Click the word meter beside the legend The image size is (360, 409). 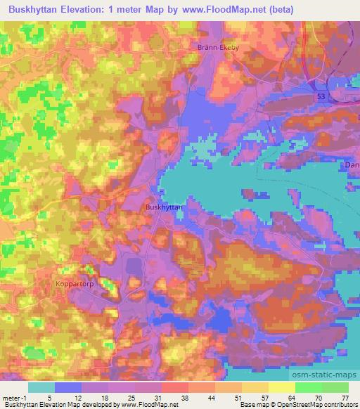(11, 398)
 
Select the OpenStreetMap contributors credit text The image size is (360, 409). (321, 405)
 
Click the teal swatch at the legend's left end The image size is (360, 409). (41, 387)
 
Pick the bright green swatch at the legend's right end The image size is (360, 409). (335, 387)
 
